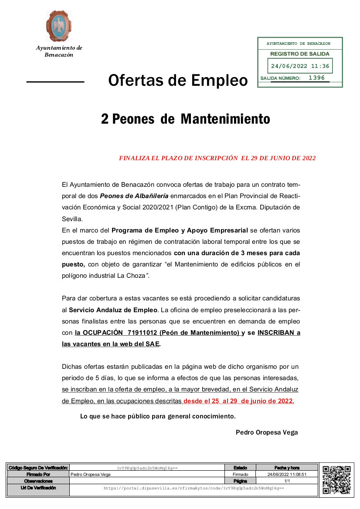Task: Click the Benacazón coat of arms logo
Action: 59,26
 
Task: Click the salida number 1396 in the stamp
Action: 316,78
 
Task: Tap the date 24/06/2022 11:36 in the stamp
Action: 300,67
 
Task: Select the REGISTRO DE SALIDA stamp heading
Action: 300,54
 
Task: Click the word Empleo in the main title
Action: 219,81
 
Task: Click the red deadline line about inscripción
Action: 217,158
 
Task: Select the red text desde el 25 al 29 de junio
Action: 238,401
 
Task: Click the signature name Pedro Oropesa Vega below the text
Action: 267,432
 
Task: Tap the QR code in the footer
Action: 336,479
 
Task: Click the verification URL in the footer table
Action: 194,489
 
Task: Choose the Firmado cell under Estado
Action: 240,474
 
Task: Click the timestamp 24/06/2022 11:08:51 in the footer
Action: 287,474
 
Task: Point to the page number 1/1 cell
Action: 287,481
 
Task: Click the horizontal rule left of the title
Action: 55,81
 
